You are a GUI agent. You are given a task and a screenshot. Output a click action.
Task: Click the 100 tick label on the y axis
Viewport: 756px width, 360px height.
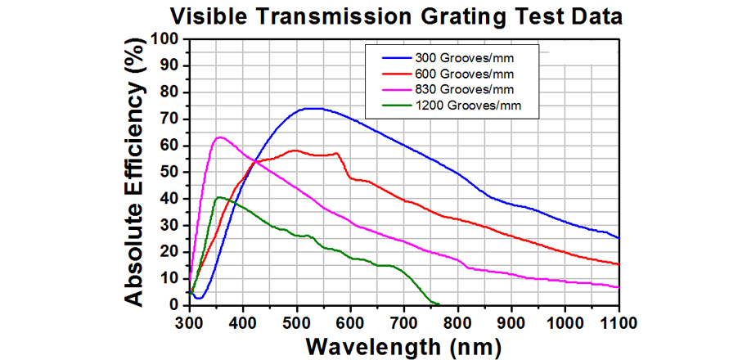[x=166, y=39]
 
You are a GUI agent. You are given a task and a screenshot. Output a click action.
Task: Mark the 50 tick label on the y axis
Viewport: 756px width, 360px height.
[x=171, y=173]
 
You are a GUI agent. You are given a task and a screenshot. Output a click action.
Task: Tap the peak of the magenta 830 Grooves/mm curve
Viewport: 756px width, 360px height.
[x=218, y=137]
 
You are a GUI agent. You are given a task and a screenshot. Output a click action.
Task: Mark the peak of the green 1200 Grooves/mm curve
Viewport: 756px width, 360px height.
[x=218, y=197]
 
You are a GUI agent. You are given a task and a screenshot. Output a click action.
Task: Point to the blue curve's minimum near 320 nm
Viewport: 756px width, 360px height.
[x=198, y=298]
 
